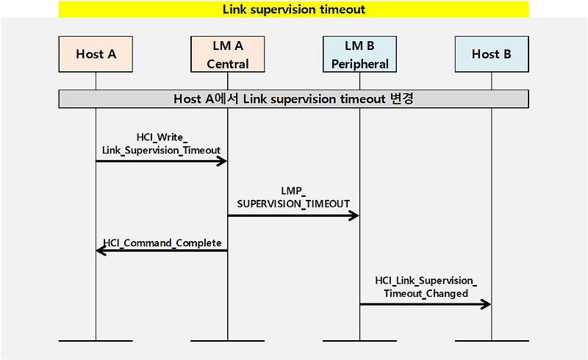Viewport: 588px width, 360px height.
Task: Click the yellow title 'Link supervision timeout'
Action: (293, 10)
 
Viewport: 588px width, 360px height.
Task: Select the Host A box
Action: (96, 54)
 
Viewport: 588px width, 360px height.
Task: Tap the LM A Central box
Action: (227, 54)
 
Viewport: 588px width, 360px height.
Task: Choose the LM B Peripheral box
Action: (359, 54)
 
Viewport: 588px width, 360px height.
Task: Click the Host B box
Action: (491, 54)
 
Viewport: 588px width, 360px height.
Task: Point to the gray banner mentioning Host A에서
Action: (293, 98)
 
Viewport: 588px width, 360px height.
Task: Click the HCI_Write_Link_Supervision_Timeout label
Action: (162, 143)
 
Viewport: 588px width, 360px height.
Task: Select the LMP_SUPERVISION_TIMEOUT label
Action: (293, 197)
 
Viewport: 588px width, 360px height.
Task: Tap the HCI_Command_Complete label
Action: (162, 242)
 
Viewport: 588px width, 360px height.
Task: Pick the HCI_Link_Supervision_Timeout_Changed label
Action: (426, 287)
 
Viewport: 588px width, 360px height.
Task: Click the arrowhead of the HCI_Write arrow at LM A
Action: (221, 161)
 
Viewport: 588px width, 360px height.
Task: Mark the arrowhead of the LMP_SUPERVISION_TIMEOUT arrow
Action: (354, 215)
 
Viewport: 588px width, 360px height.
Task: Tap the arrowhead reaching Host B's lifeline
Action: (485, 304)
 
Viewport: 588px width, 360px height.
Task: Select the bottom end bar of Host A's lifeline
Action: (96, 341)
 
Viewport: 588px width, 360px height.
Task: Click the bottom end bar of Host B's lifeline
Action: (491, 341)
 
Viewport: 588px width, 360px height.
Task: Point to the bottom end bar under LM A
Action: (227, 341)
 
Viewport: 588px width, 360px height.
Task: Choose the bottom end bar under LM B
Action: (359, 341)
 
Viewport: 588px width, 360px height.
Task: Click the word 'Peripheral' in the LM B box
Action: (359, 64)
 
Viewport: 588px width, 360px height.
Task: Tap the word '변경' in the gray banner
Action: (400, 98)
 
